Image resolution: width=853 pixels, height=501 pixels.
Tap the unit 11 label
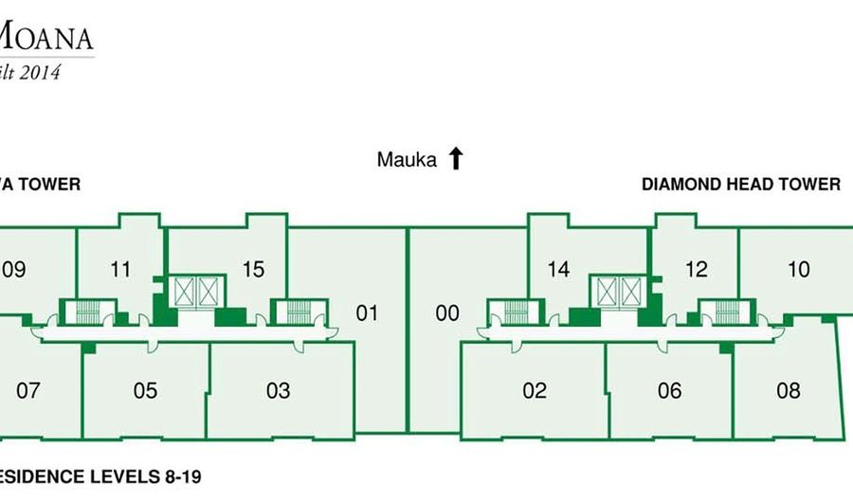pos(120,270)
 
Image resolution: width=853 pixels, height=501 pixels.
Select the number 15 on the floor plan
pos(253,270)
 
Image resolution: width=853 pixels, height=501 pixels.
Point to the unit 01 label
pos(367,313)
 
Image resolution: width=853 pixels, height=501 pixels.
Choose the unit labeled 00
pos(447,313)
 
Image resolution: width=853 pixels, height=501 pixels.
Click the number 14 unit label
pos(558,270)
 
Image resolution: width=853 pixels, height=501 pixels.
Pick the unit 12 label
pos(696,270)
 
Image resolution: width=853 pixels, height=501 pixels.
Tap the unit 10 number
pos(799,270)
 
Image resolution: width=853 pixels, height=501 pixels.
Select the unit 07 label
pos(28,390)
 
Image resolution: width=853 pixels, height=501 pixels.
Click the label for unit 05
pos(145,390)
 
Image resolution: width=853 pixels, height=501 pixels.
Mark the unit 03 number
pos(278,390)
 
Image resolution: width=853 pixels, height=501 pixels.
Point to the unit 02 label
pos(535,390)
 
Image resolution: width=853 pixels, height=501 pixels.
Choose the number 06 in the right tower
pos(669,390)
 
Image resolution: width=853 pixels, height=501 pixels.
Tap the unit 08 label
pos(788,390)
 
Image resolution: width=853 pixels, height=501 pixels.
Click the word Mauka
pos(407,160)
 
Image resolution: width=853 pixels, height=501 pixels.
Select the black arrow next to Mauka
pos(456,158)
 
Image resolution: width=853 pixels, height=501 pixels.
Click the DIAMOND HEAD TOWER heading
pos(740,185)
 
